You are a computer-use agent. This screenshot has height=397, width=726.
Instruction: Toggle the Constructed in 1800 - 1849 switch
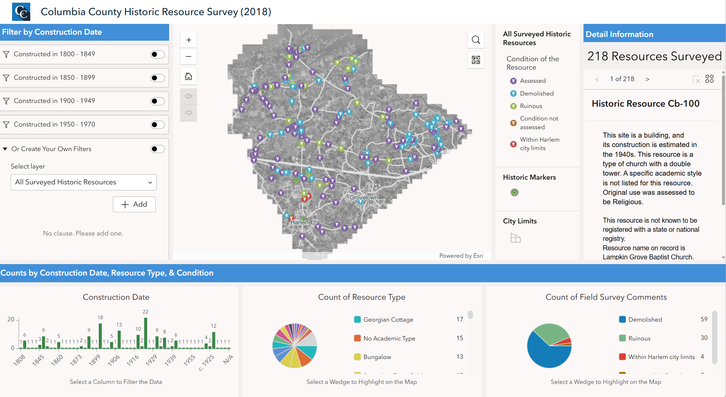point(157,55)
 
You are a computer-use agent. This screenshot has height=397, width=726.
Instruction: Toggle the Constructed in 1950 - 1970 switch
point(157,125)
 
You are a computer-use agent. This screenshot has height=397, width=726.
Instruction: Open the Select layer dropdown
point(83,182)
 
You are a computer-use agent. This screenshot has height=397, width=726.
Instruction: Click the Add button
point(134,205)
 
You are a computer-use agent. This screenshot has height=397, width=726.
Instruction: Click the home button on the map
point(189,77)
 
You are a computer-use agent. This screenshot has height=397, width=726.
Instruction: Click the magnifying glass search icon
point(476,40)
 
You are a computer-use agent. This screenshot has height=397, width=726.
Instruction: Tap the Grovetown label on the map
point(364,197)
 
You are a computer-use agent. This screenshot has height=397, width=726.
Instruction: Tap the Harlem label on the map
point(300,222)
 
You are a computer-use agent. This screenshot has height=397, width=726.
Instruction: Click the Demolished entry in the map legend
point(536,94)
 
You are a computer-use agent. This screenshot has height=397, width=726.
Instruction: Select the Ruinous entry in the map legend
point(531,106)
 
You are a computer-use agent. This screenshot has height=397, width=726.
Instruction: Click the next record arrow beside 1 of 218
point(647,79)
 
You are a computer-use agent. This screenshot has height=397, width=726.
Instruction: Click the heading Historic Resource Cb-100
point(645,104)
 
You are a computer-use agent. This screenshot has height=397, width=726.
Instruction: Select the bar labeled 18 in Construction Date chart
point(100,336)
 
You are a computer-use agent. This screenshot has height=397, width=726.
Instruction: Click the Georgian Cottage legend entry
point(388,320)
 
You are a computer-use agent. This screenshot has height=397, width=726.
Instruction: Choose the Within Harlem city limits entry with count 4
point(661,357)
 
